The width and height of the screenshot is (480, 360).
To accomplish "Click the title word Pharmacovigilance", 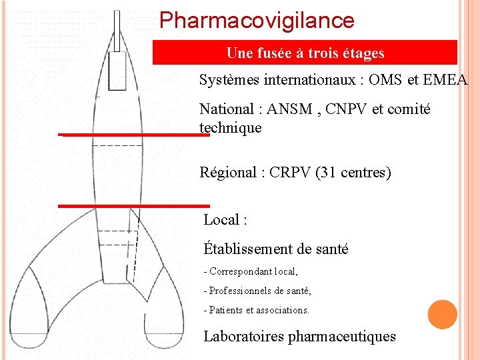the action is point(257,21).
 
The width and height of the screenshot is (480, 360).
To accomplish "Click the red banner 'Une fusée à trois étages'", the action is point(305,53).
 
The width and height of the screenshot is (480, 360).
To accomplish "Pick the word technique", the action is point(230,127).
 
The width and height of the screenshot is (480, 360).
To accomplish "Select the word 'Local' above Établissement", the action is point(221,220).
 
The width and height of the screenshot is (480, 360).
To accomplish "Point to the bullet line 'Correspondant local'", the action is point(253,272).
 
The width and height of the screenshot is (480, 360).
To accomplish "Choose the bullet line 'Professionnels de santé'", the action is point(259,291).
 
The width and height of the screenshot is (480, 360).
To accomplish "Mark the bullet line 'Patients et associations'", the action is point(259,310).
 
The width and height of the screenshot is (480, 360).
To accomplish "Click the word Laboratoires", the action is point(243,337).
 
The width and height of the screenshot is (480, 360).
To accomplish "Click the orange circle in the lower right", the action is point(442,315).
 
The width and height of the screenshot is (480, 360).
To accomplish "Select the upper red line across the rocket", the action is point(133,134).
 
